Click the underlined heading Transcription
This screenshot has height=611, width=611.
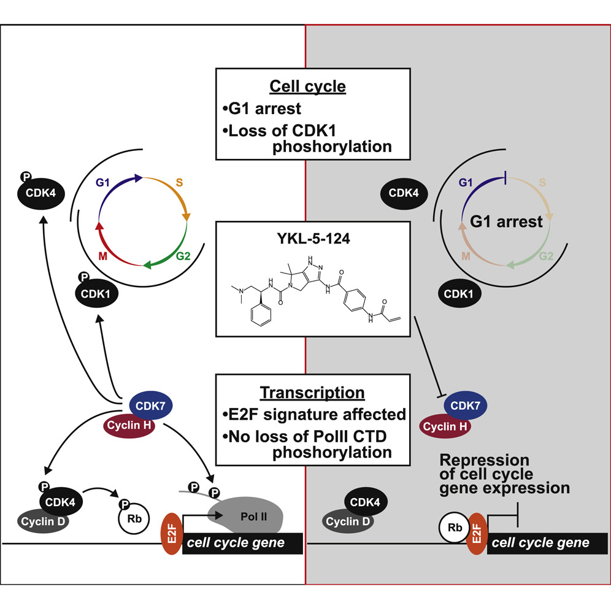[312, 393]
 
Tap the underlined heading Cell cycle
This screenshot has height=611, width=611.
[312, 86]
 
